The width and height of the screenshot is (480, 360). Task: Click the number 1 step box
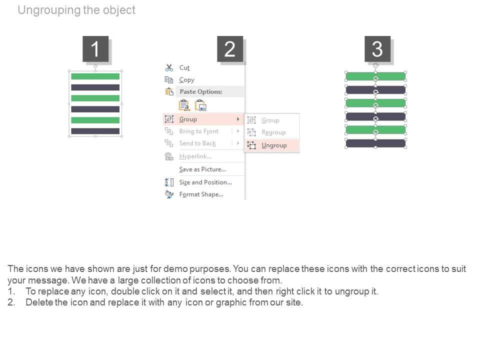pos(95,48)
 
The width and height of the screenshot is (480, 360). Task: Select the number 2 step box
pos(230,48)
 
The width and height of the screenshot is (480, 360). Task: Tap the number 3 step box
pos(377,48)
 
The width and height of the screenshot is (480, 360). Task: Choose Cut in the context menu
pos(184,67)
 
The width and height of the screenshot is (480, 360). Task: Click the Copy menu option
pos(186,80)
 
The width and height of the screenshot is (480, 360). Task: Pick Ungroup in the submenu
pos(274,145)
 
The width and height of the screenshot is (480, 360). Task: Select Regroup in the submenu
pos(273,132)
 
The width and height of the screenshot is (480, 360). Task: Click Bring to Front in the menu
pos(199,131)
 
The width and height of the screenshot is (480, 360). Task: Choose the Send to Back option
pos(197,143)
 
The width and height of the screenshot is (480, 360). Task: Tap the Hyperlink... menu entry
pos(195,156)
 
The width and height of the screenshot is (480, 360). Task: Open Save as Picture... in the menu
pos(202,169)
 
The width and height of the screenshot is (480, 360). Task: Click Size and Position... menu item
pos(205,182)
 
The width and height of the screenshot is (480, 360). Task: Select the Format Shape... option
pos(201,194)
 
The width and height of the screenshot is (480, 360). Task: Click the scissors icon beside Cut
pos(169,67)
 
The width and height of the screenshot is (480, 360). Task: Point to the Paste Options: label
pos(201,91)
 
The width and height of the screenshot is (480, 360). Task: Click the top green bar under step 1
pos(95,76)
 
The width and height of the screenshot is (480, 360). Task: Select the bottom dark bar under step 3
pos(375,143)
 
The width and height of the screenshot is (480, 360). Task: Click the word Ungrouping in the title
pos(49,10)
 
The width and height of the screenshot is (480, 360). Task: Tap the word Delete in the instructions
pos(39,302)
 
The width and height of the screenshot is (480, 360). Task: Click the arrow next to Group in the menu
pos(238,119)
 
